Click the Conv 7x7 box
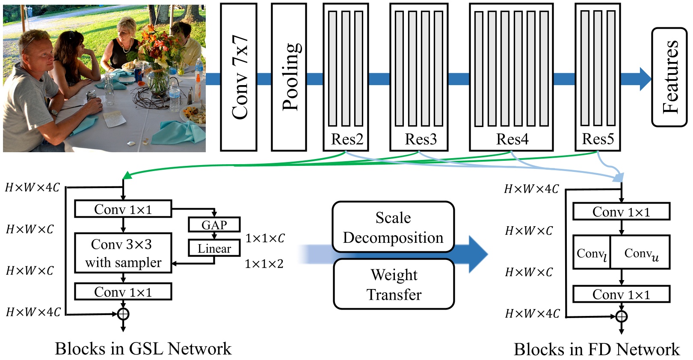(239, 77)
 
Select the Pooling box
(289, 77)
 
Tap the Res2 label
(346, 139)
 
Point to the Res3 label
(421, 139)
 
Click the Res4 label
(512, 139)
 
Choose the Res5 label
(598, 139)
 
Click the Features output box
(669, 77)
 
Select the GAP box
(214, 224)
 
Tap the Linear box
(214, 248)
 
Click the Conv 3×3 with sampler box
(123, 253)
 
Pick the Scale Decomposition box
(393, 227)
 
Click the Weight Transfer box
(394, 284)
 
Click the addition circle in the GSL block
(123, 314)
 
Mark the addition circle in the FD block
(622, 316)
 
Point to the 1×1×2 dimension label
(264, 264)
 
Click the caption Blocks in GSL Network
(143, 349)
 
